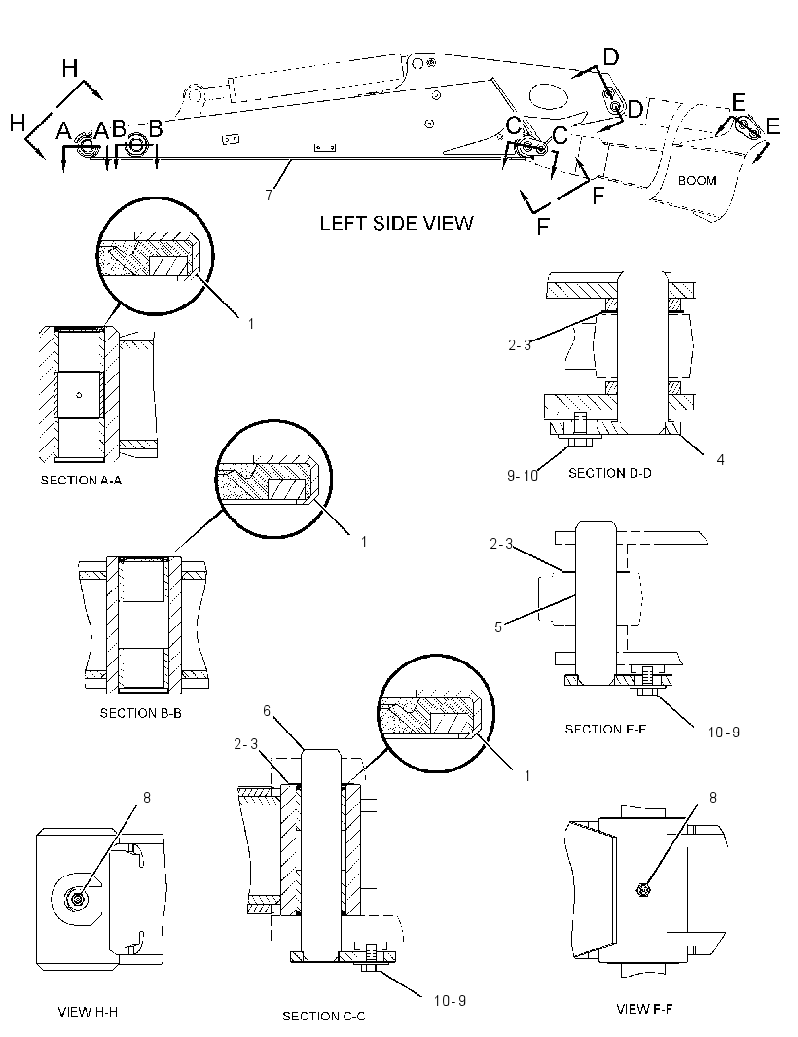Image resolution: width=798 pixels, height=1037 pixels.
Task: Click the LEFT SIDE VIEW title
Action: [396, 223]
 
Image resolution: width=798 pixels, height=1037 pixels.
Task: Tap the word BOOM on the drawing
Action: [697, 181]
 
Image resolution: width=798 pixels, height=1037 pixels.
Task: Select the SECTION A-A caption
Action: [82, 481]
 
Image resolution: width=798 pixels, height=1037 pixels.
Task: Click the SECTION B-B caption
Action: [141, 713]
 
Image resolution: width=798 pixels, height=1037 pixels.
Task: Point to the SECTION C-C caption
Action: [323, 1016]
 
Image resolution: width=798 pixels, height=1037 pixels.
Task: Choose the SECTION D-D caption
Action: [610, 473]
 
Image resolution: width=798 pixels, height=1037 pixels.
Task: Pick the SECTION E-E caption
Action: [605, 729]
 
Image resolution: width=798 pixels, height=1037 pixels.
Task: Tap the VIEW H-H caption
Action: [88, 1011]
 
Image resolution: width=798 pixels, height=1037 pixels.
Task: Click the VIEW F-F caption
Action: [644, 1009]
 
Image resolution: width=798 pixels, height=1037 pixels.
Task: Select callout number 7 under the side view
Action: [269, 196]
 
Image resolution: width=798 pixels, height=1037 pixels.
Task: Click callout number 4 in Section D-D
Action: [720, 459]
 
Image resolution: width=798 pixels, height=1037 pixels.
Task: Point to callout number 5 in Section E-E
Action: [498, 626]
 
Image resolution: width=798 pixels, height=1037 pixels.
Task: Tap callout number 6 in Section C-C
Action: [267, 710]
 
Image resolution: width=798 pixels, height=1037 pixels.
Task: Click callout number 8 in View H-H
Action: [147, 798]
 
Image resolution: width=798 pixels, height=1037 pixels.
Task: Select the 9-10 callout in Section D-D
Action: [523, 476]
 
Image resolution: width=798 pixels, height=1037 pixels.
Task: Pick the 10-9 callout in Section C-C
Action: [450, 1001]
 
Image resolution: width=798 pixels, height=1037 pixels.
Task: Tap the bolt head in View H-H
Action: [79, 900]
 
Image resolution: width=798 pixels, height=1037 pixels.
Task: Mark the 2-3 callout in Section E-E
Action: [501, 544]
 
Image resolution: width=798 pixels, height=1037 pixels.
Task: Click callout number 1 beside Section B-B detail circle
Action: [363, 542]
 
